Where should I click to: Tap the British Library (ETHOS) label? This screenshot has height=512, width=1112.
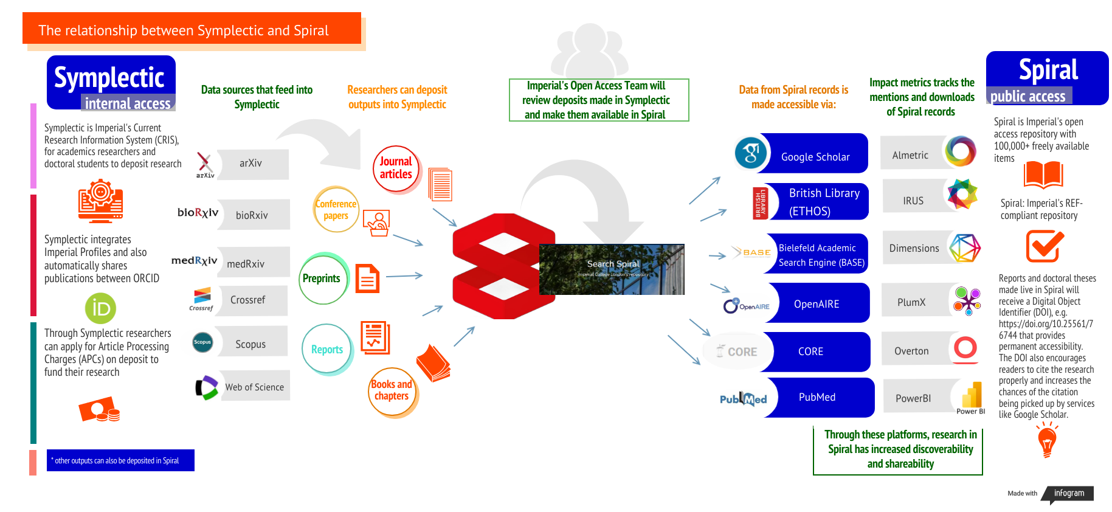tap(824, 202)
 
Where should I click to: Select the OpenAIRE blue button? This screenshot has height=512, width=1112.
tap(816, 303)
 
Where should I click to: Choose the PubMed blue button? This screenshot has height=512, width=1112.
tap(817, 397)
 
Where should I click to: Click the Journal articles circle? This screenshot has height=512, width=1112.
tap(396, 168)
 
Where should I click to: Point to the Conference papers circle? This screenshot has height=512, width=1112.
tap(336, 210)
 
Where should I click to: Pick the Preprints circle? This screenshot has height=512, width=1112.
tap(322, 278)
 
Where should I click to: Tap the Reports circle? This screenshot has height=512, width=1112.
tap(327, 349)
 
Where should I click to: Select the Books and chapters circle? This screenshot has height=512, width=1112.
tap(392, 391)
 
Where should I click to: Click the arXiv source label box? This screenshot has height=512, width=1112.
tap(252, 164)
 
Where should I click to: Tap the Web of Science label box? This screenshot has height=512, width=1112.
tap(255, 387)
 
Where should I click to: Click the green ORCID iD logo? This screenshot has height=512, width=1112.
tap(100, 308)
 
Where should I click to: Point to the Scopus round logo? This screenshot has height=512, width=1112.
tap(202, 342)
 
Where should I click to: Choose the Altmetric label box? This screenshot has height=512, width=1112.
tap(911, 154)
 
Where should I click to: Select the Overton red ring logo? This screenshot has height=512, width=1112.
tap(965, 348)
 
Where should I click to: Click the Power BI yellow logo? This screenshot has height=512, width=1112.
tap(972, 396)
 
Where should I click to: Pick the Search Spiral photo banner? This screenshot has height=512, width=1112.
tap(612, 269)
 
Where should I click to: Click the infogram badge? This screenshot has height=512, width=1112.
tap(1069, 493)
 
